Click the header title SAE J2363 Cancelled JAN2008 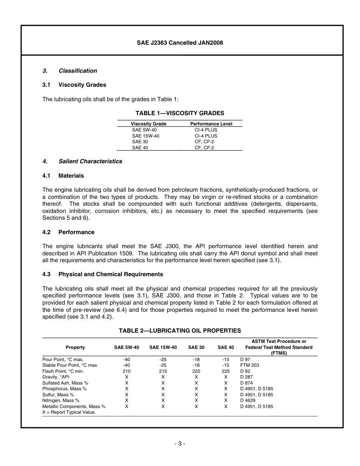pyautogui.click(x=180, y=43)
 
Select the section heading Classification pyautogui.click(x=78, y=71)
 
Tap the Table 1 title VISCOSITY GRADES pyautogui.click(x=180, y=113)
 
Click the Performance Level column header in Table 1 pyautogui.click(x=211, y=124)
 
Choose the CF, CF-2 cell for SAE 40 pyautogui.click(x=204, y=148)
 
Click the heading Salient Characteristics pyautogui.click(x=90, y=161)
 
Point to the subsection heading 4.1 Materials pyautogui.click(x=63, y=176)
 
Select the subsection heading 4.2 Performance pyautogui.click(x=69, y=232)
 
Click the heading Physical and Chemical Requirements pyautogui.click(x=111, y=274)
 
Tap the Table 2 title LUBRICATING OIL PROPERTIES pyautogui.click(x=180, y=331)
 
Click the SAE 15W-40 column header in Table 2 pyautogui.click(x=163, y=347)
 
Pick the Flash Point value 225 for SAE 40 pyautogui.click(x=225, y=371)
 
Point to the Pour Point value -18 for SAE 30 pyautogui.click(x=196, y=360)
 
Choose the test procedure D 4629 pyautogui.click(x=248, y=400)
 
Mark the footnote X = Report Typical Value pyautogui.click(x=69, y=412)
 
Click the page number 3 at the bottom pyautogui.click(x=180, y=444)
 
